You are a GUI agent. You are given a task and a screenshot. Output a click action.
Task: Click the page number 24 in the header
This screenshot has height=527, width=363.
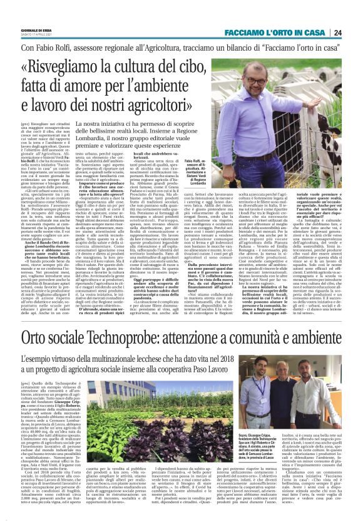click(355, 33)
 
